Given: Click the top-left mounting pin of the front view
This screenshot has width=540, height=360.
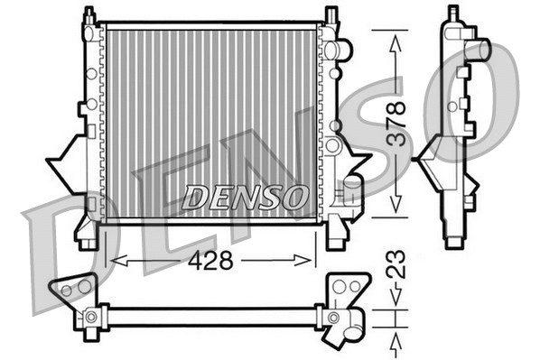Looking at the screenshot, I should (88, 17).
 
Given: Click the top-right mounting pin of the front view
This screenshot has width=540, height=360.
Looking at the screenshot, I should (331, 16).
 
